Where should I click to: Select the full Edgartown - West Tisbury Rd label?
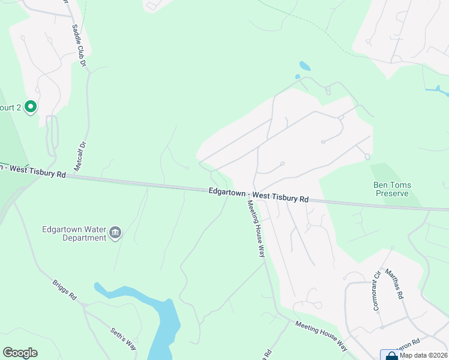point(259,194)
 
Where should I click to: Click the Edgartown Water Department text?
point(74,233)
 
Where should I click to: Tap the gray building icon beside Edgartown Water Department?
point(116,233)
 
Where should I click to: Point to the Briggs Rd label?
point(65,290)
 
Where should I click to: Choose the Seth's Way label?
point(123,338)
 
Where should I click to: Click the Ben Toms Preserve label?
point(392,189)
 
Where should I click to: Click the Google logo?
point(20,353)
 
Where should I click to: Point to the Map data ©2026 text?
point(423,355)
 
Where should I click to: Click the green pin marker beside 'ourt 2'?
point(31,107)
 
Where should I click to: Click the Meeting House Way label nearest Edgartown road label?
point(255,228)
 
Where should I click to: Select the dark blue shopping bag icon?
point(391,355)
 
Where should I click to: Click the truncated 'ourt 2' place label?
point(11,108)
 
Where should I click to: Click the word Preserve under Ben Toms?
point(392,193)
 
